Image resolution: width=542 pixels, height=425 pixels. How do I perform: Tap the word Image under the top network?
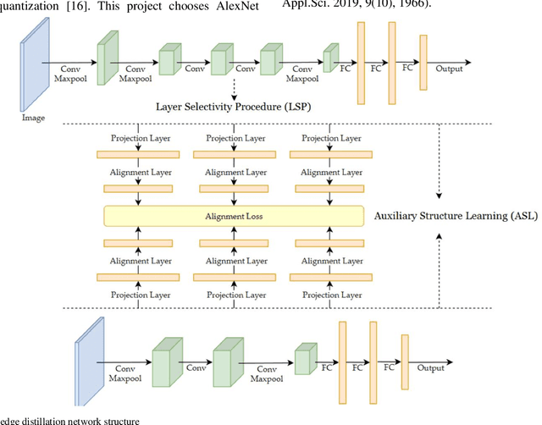pos(33,118)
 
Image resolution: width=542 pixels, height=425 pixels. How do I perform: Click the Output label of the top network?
pos(449,69)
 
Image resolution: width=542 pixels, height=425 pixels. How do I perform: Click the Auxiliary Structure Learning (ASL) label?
pos(456,215)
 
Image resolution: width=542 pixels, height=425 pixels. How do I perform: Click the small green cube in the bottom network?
pos(305,358)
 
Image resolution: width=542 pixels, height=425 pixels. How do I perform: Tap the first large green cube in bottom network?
pos(164,358)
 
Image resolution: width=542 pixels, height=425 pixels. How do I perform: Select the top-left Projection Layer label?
pos(139,139)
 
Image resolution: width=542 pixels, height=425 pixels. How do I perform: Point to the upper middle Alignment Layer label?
pos(235,172)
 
